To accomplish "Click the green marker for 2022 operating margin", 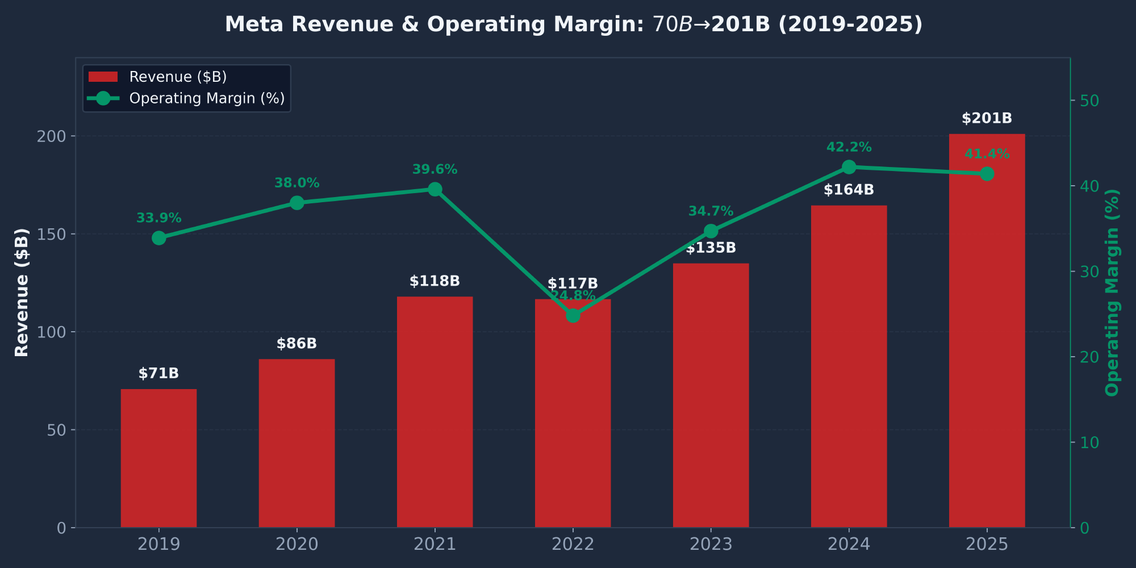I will tap(573, 315).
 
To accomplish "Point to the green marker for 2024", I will tap(849, 167).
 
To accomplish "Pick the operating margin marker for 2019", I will tap(159, 238).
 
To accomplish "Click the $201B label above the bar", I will tap(987, 118).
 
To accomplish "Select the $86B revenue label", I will tap(296, 344).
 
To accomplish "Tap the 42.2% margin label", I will tap(849, 147).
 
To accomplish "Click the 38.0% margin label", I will tap(296, 183).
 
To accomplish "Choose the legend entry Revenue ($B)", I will tap(178, 77).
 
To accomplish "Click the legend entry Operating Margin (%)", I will tap(207, 98).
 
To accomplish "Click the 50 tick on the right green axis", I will tap(1089, 101).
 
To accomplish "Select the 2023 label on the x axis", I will tap(711, 544).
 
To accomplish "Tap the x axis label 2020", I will tap(296, 544).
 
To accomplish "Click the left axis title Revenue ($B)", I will tap(22, 292).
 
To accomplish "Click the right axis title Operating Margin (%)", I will tap(1112, 292).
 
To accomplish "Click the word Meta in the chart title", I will tap(249, 24).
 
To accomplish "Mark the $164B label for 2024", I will tap(849, 190).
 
